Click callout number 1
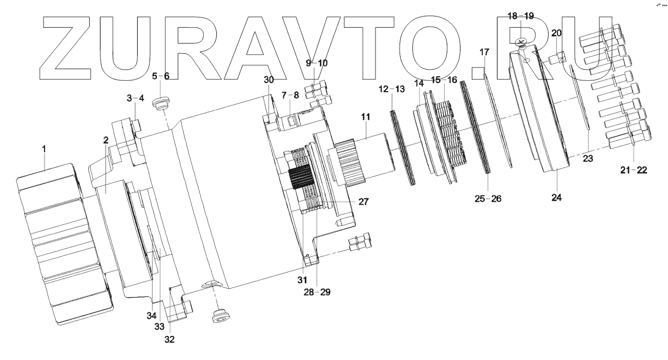(x=44, y=149)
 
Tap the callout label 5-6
(x=160, y=76)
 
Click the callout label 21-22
(x=634, y=170)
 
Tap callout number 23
(x=588, y=159)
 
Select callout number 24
(x=556, y=197)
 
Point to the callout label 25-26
(x=487, y=198)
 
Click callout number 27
(x=363, y=202)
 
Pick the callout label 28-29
(x=318, y=292)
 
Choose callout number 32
(x=169, y=338)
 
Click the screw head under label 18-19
(x=521, y=41)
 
